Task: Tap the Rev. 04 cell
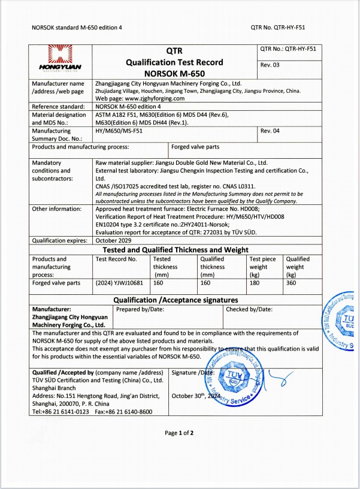[269, 130]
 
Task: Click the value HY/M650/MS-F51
[119, 130]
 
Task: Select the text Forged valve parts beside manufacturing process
[195, 147]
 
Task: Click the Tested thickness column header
[165, 263]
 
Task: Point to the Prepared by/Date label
[140, 309]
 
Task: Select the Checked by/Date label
[249, 309]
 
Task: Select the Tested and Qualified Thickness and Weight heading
[176, 250]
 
